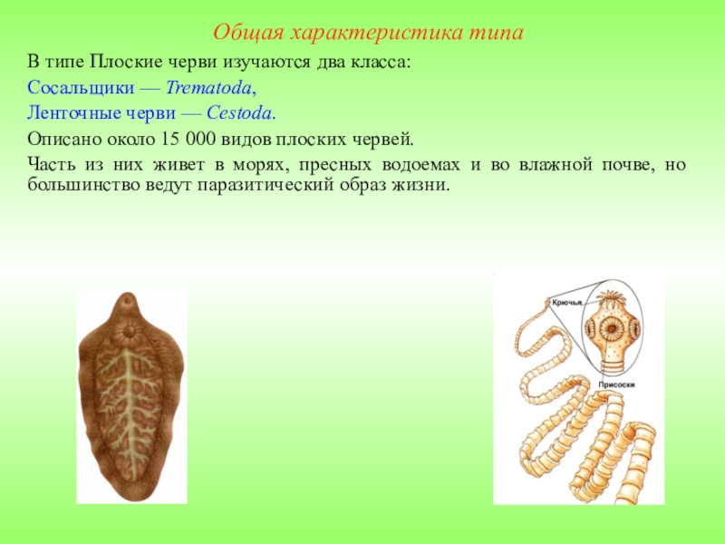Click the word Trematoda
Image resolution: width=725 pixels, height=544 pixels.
[x=208, y=87]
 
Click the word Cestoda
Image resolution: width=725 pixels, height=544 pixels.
[x=238, y=112]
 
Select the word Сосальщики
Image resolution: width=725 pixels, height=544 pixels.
[x=81, y=88]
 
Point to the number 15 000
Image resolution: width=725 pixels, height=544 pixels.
[x=188, y=140]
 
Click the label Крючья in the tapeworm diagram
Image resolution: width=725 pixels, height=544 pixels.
[x=566, y=303]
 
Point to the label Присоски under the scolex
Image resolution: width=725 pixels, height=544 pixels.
[x=616, y=384]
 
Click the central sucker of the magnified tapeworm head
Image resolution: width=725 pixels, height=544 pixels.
[x=612, y=329]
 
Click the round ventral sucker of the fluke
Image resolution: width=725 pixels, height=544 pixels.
[x=128, y=331]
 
